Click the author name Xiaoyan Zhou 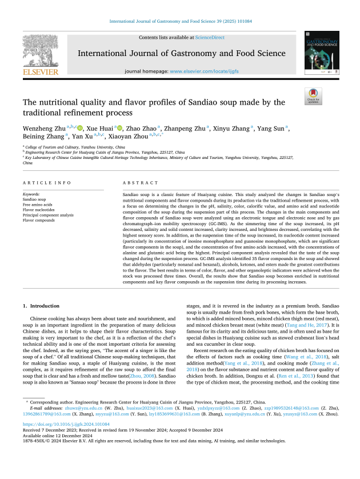127,137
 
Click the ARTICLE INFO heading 43,183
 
